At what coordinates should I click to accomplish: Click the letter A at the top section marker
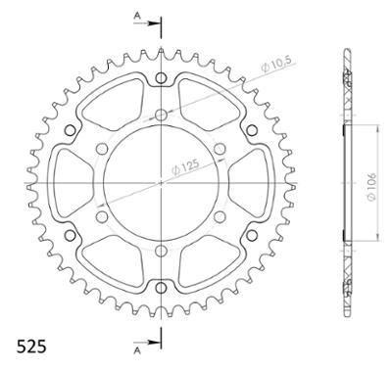[x=137, y=17]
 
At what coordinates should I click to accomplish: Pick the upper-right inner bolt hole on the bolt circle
[x=219, y=148]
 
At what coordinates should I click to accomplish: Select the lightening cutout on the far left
[x=72, y=182]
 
